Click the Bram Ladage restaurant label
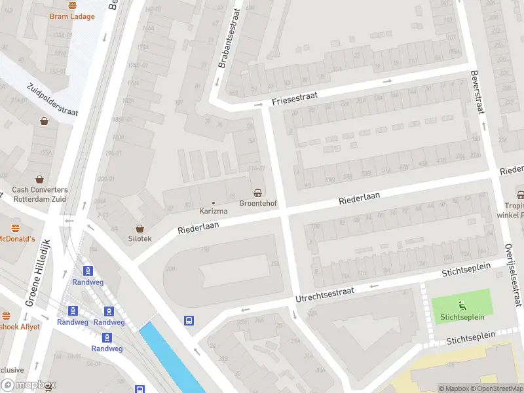[72, 16]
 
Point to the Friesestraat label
[295, 98]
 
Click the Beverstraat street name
[476, 91]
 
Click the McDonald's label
[16, 238]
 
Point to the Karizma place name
[214, 212]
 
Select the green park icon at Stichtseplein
[462, 305]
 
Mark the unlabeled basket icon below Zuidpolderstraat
[44, 121]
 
